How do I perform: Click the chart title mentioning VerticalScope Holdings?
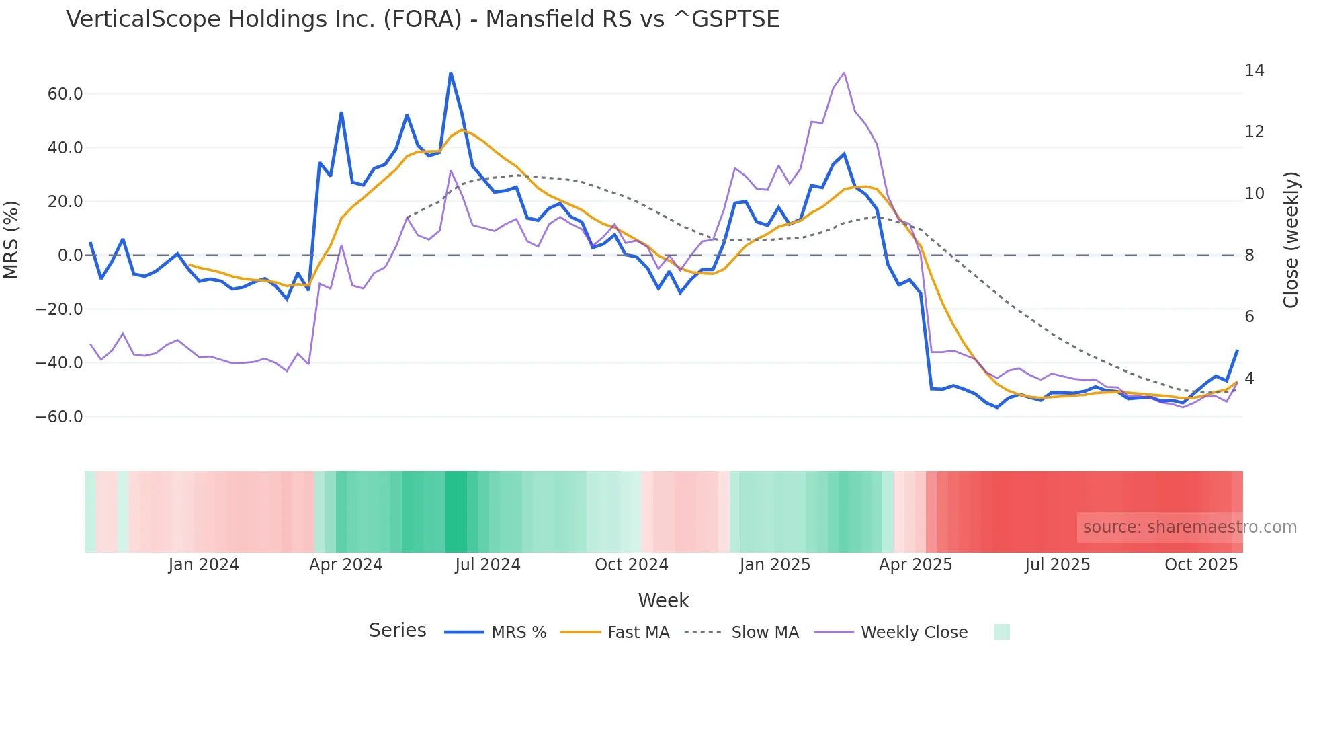(x=423, y=19)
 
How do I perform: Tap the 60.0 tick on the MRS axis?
(x=65, y=94)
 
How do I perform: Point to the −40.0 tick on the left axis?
(x=59, y=363)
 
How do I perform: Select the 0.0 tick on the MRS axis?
(x=70, y=256)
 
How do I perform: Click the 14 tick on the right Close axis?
(x=1254, y=71)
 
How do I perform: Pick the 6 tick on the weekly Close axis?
(x=1249, y=317)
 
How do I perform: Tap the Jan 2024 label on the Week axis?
(x=204, y=565)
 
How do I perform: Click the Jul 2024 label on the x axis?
(x=488, y=565)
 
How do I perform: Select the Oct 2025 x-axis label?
(x=1201, y=565)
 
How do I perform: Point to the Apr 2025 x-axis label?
(x=915, y=565)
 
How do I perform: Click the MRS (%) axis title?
(x=11, y=240)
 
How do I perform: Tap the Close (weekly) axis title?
(x=1291, y=240)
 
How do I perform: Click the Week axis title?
(x=663, y=600)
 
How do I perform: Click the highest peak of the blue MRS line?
(x=451, y=73)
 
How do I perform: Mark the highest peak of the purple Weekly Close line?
(x=844, y=73)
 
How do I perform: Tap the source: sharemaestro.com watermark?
(x=1189, y=527)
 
